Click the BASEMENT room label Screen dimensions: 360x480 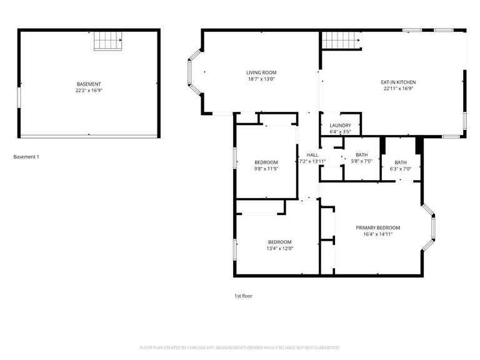89,84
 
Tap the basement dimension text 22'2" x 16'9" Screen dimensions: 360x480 89,91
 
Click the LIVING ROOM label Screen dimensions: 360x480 261,72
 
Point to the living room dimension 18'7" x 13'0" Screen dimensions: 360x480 261,79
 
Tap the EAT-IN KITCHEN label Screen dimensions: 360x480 398,82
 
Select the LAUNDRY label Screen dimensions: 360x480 340,125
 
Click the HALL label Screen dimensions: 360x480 312,155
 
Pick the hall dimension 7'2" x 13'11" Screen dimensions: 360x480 312,161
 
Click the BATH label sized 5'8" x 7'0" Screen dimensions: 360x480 361,155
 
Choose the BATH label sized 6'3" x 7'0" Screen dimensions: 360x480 400,162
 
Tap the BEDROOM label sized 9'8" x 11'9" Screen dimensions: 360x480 266,162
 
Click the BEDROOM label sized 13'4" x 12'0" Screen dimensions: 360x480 280,242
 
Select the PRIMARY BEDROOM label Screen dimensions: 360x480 377,227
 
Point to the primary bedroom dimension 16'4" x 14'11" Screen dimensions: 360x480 377,234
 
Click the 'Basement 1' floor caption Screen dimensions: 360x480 26,157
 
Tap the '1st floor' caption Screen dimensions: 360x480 243,296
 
